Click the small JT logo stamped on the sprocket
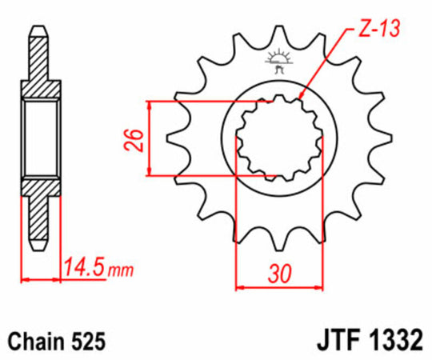(279, 61)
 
